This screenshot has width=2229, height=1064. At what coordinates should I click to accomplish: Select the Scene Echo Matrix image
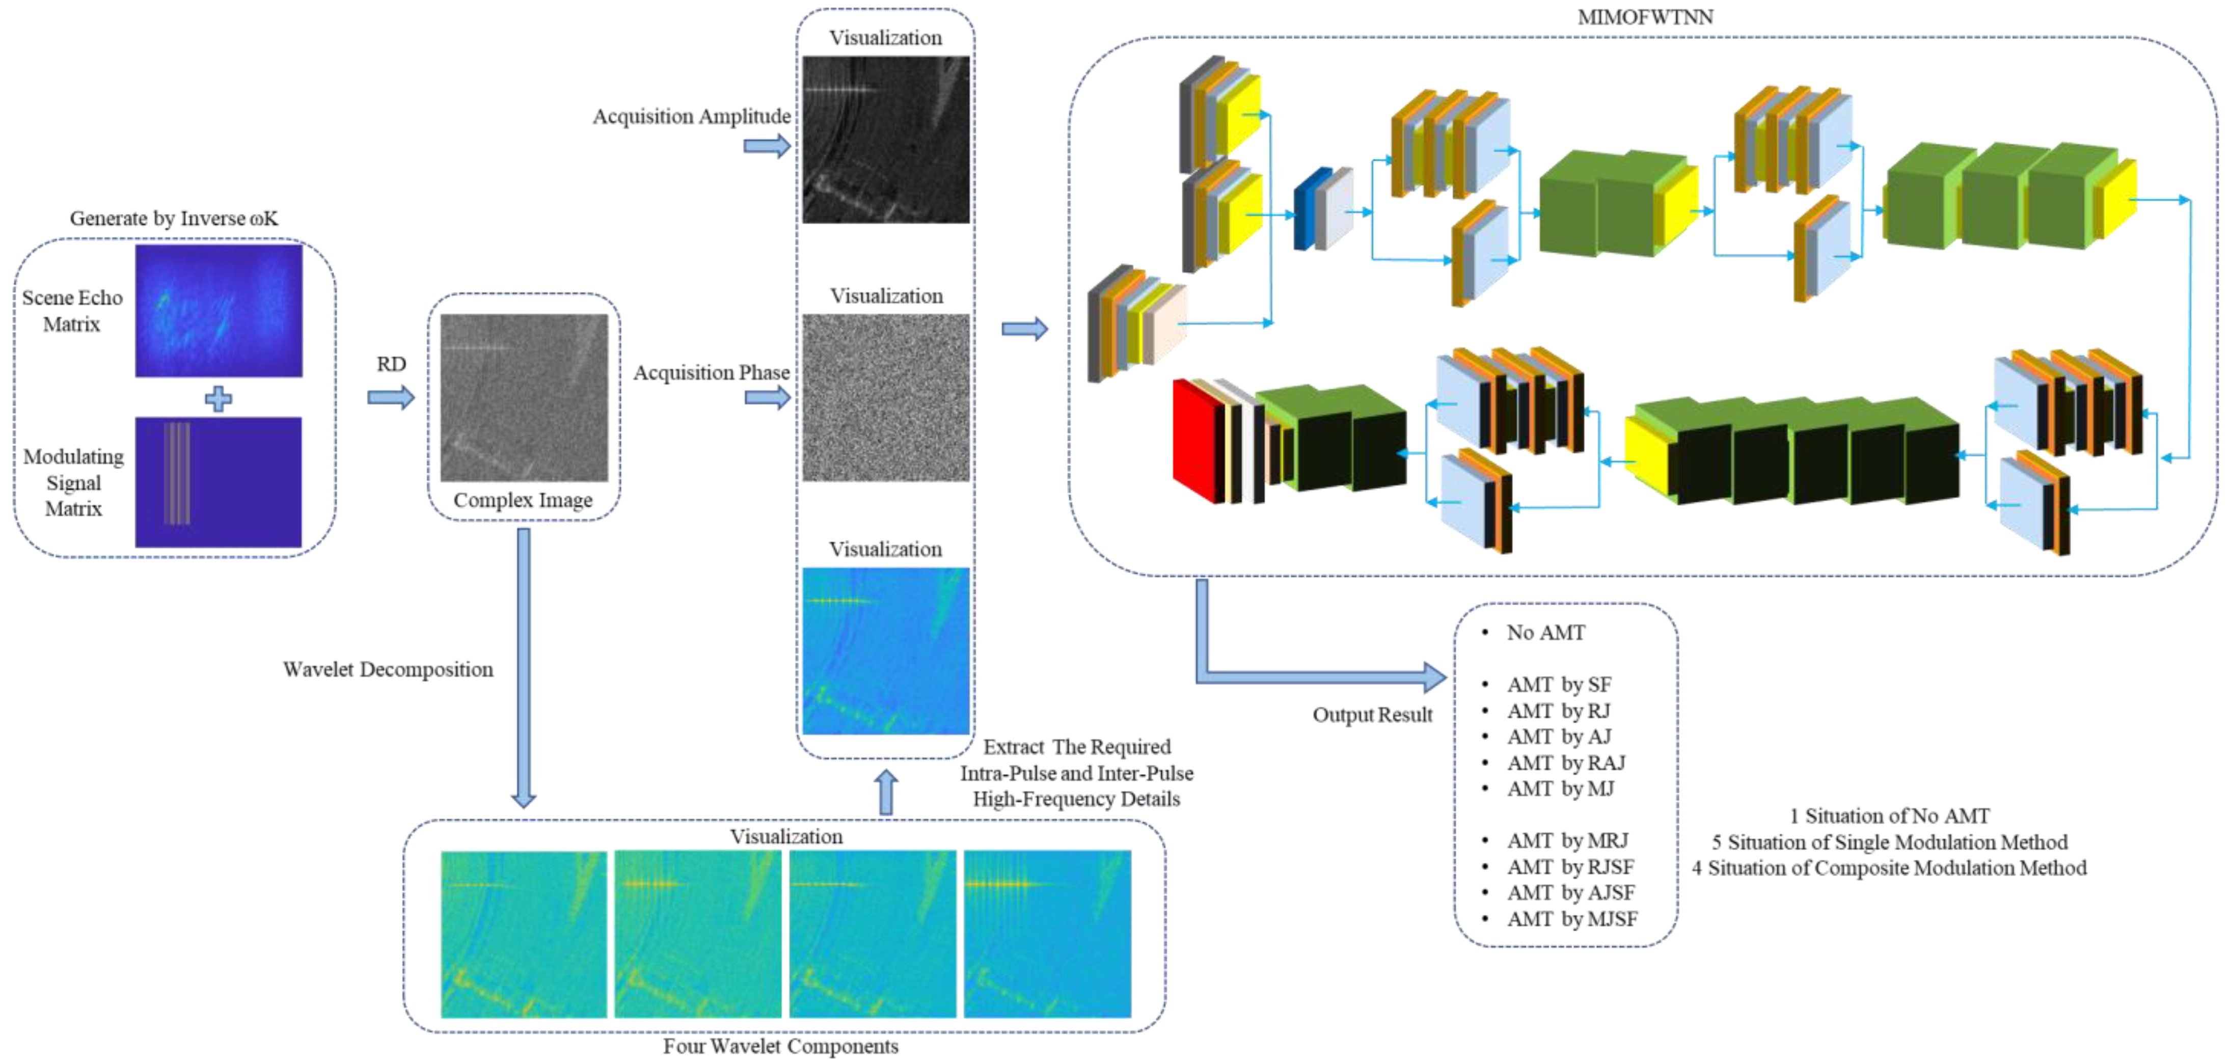click(218, 311)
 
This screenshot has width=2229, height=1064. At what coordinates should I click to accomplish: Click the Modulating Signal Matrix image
click(218, 482)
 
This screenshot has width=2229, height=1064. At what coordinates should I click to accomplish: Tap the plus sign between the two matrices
click(218, 399)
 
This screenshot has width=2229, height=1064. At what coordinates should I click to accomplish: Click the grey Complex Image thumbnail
click(524, 397)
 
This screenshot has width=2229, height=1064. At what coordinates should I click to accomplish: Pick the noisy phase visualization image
click(885, 397)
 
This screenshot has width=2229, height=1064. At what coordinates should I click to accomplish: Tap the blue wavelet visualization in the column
click(885, 650)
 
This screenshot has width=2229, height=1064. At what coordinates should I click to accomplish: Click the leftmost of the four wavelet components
click(524, 934)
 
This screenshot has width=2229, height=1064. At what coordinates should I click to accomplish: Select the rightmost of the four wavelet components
click(1047, 934)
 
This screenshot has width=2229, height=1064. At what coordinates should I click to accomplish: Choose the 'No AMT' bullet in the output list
click(1545, 633)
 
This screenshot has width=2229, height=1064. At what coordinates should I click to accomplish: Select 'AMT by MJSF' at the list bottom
click(1571, 919)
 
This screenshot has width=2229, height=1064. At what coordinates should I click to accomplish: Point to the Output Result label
click(1372, 715)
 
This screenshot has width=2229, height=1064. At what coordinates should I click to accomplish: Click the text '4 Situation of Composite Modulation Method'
click(1889, 867)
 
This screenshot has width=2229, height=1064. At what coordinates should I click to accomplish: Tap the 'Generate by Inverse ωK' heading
click(174, 218)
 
